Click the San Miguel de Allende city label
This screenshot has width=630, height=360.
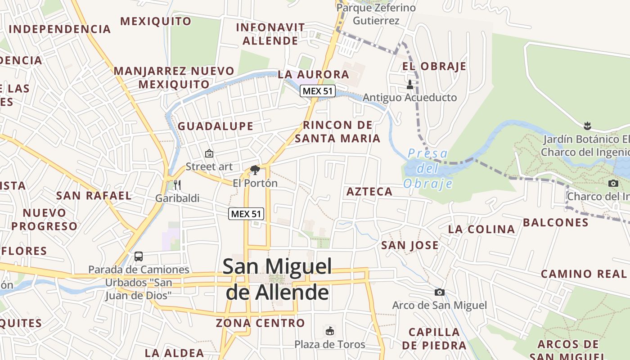[277, 279]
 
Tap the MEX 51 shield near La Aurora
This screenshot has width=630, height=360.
[318, 91]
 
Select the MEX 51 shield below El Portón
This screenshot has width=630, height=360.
[246, 214]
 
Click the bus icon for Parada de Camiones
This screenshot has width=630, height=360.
[139, 256]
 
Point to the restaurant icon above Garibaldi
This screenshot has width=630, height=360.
[177, 184]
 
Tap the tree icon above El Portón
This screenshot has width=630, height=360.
[255, 170]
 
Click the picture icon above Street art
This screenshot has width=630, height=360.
[209, 153]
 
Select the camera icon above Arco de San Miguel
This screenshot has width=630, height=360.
[440, 292]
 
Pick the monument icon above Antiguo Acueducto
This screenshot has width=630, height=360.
[409, 84]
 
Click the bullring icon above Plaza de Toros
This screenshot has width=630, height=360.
[330, 331]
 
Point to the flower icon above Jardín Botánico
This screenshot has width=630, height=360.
[587, 125]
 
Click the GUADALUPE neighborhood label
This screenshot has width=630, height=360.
[216, 126]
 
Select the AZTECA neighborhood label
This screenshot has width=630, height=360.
[369, 192]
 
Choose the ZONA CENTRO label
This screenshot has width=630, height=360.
[260, 323]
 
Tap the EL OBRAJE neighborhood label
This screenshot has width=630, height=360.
[434, 66]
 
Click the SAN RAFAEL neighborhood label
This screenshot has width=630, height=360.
[94, 195]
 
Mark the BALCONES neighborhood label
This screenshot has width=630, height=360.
[555, 222]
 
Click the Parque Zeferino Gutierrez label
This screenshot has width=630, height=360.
[376, 14]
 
